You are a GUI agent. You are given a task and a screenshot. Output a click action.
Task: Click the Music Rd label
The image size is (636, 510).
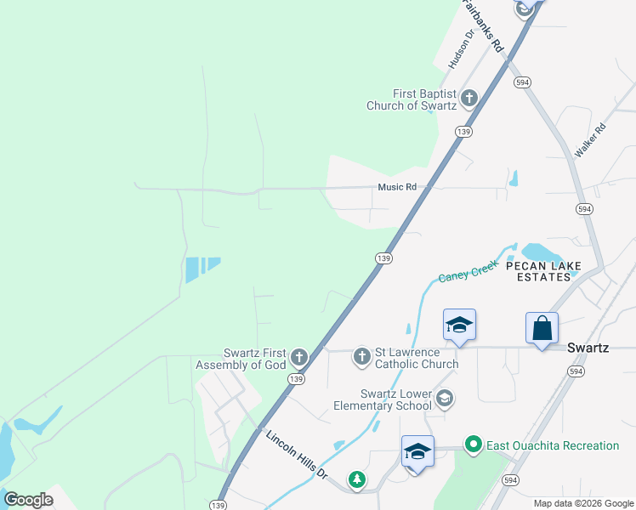398,187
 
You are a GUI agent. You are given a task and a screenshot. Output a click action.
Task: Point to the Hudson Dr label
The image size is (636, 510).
459,48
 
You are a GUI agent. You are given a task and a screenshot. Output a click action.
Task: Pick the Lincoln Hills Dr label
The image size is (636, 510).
297,454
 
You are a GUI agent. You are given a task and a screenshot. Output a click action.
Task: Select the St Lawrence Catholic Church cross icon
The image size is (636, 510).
362,357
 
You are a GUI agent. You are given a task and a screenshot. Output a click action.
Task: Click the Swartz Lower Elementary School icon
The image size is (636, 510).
443,398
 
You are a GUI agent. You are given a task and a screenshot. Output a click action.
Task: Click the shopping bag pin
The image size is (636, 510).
542,327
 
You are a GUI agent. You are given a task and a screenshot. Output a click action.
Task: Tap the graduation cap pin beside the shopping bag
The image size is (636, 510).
459,325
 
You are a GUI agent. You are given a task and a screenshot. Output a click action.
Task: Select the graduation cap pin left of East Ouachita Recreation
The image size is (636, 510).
417,451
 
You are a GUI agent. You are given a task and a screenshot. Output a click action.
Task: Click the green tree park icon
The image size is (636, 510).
358,481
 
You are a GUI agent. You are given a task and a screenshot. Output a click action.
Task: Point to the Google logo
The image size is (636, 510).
28,500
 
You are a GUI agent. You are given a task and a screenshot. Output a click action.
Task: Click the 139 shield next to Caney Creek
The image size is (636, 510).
383,258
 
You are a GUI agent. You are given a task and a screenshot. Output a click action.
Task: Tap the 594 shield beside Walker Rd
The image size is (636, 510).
583,208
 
